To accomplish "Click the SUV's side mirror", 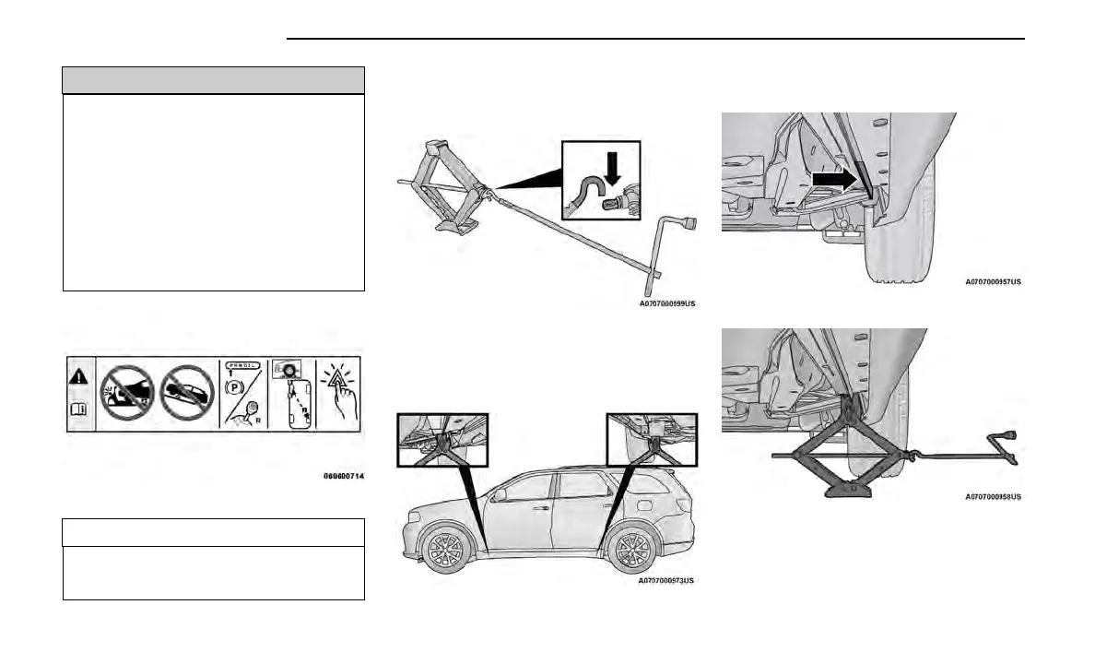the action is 499,495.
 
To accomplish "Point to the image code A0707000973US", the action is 665,580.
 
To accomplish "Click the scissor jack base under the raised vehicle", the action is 847,487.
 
